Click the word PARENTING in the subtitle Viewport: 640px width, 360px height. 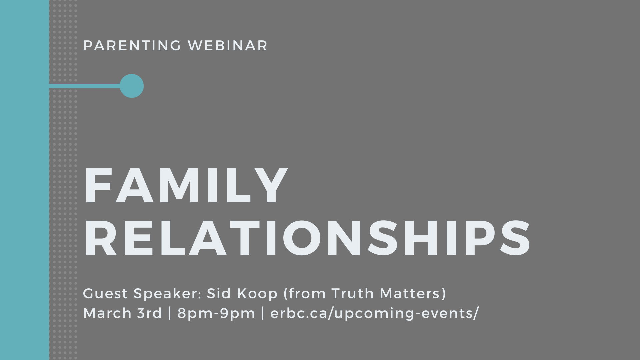tap(132, 46)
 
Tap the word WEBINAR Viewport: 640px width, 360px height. tap(228, 46)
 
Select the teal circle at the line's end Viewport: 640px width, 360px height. tap(132, 86)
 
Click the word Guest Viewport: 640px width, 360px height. tap(105, 294)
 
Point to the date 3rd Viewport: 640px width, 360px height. tap(149, 313)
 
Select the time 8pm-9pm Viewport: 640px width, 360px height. tap(216, 314)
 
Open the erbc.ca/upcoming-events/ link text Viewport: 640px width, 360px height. tap(374, 314)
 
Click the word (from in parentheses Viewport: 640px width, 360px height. tap(304, 294)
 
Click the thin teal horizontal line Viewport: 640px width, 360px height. tap(85, 86)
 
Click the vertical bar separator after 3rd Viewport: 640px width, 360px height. tap(170, 313)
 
